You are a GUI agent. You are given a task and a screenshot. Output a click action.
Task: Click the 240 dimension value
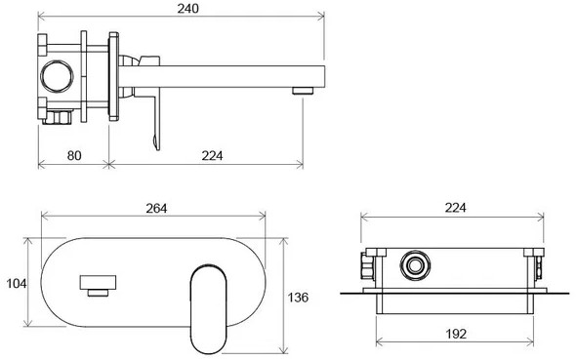coord(187,8)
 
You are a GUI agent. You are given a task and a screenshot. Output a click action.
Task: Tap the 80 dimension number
coord(74,155)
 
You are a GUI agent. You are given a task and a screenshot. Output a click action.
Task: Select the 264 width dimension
coord(156,209)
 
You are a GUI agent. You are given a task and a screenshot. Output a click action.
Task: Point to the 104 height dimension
coord(17,284)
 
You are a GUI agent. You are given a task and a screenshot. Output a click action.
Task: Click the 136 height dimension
coord(298,298)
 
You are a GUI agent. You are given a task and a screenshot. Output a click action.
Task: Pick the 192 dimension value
coord(456,334)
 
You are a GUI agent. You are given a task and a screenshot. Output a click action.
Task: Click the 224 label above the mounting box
coord(456,208)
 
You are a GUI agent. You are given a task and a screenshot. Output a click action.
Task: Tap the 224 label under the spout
coord(212,155)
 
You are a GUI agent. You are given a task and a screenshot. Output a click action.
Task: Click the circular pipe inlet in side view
coord(57,76)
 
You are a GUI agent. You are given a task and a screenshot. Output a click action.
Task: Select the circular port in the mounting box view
coord(416,265)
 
